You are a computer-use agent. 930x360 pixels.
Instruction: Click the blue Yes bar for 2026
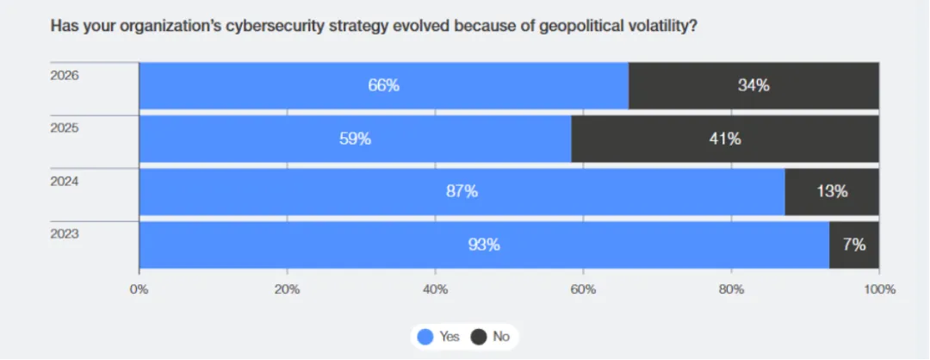(x=383, y=85)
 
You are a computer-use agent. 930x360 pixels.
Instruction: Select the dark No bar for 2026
(x=753, y=85)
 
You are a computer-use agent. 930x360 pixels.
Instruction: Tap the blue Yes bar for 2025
(x=355, y=139)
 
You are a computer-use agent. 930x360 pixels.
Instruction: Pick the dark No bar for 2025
(x=725, y=139)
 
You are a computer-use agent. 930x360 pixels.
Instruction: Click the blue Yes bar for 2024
(x=462, y=191)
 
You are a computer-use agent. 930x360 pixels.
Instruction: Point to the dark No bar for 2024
(x=832, y=191)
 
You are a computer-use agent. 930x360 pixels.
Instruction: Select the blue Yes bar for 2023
(x=484, y=245)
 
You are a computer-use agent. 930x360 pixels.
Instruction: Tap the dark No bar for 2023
(x=854, y=245)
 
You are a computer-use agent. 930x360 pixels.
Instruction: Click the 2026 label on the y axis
(x=65, y=75)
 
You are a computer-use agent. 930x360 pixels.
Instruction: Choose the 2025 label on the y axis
(x=65, y=127)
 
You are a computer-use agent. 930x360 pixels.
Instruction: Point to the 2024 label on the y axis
(x=65, y=181)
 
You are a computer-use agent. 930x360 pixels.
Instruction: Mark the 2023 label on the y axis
(x=65, y=233)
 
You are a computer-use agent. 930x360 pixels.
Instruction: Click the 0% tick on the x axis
(x=139, y=289)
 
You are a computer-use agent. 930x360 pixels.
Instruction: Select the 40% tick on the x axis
(x=435, y=289)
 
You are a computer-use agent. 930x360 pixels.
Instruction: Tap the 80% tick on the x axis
(x=731, y=289)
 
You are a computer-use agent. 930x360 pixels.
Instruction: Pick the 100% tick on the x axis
(x=878, y=289)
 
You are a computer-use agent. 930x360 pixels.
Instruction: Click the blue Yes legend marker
(x=425, y=337)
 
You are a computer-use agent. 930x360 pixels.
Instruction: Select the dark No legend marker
(x=478, y=337)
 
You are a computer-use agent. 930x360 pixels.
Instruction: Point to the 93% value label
(x=484, y=245)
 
